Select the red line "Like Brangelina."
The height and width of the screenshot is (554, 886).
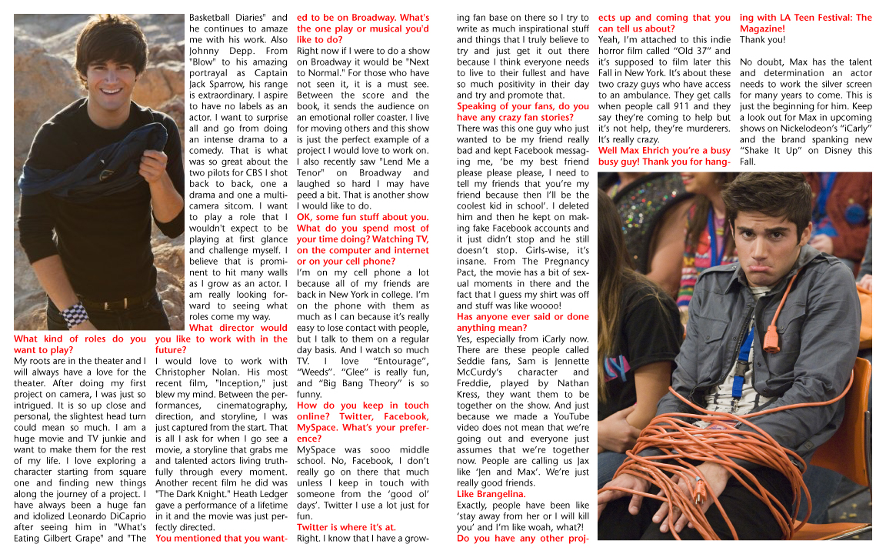[x=491, y=494]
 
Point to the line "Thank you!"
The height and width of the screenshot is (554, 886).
[x=762, y=40]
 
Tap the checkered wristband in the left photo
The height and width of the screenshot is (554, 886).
[x=75, y=314]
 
